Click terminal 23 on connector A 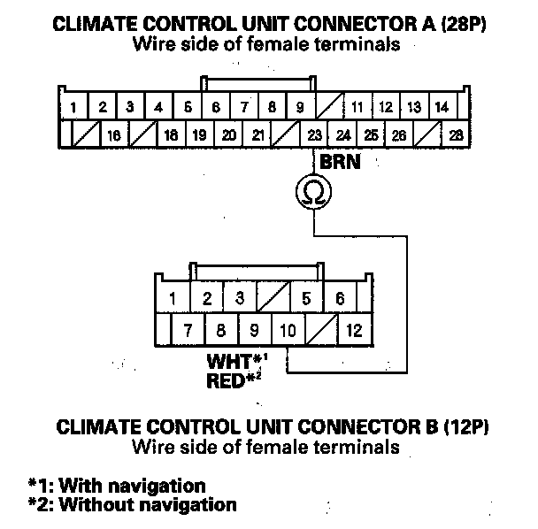(314, 135)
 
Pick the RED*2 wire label (234, 380)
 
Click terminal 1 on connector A (75, 108)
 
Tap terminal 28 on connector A (456, 135)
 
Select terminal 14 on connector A (441, 108)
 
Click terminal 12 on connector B (355, 332)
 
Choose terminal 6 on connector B (340, 299)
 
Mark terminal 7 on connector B (188, 332)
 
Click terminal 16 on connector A (113, 135)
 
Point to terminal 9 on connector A (300, 108)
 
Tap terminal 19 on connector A (199, 135)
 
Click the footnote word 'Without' (93, 505)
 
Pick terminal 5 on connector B (306, 299)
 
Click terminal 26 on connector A (399, 135)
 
